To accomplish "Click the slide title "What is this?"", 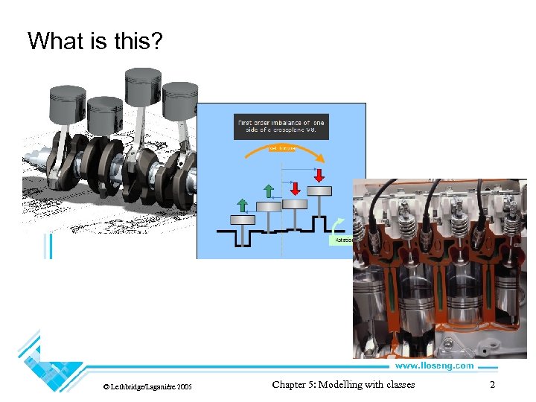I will point(95,41).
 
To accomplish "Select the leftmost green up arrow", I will point(243,205).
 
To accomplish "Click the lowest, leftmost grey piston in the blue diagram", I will point(243,220).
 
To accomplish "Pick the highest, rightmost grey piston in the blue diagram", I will point(319,191).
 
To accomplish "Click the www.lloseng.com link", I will point(433,366).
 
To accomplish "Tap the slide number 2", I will point(492,385).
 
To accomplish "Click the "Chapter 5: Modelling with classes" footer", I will point(343,385).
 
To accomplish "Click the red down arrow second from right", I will point(293,186).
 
